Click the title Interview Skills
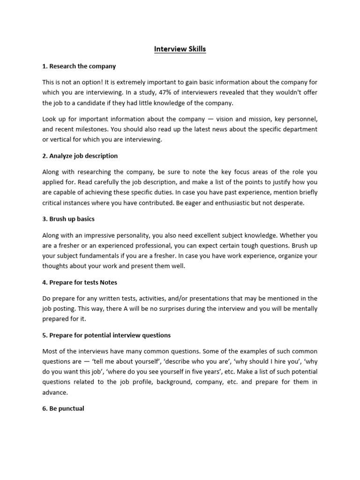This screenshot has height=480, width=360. click(180, 49)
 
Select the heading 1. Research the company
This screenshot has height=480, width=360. click(79, 66)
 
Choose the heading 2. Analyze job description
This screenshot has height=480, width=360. click(80, 156)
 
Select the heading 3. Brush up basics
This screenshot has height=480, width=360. click(68, 219)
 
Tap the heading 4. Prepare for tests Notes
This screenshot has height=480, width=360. click(80, 282)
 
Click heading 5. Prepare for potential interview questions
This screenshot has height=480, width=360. click(106, 335)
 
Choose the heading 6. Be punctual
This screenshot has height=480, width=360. click(63, 409)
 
